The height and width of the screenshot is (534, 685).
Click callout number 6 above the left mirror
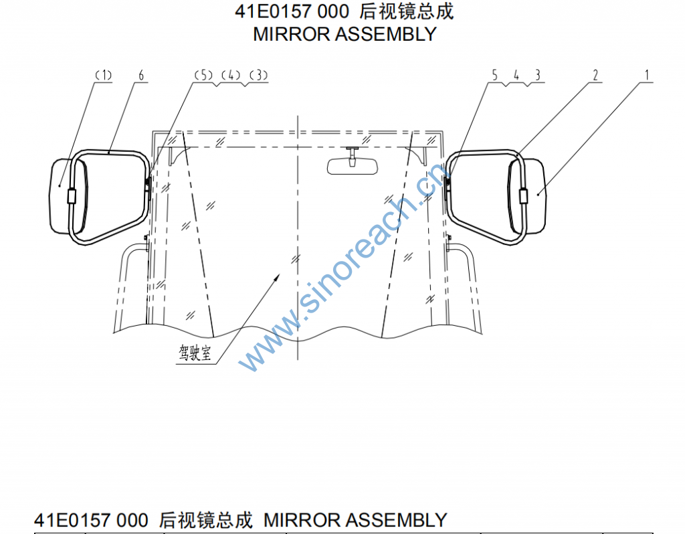pos(140,75)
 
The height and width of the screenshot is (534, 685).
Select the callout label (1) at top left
pos(104,75)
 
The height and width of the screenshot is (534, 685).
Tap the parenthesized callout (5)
pos(203,75)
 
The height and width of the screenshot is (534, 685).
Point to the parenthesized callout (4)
pos(231,75)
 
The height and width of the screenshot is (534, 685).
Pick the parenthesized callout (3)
pos(259,75)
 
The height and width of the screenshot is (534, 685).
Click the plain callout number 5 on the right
pos(494,75)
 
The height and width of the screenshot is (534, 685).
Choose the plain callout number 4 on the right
pos(516,75)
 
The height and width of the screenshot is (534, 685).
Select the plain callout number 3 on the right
pos(538,75)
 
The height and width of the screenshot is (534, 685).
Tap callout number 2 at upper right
pos(595,75)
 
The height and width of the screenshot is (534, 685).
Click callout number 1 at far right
pos(647,75)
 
